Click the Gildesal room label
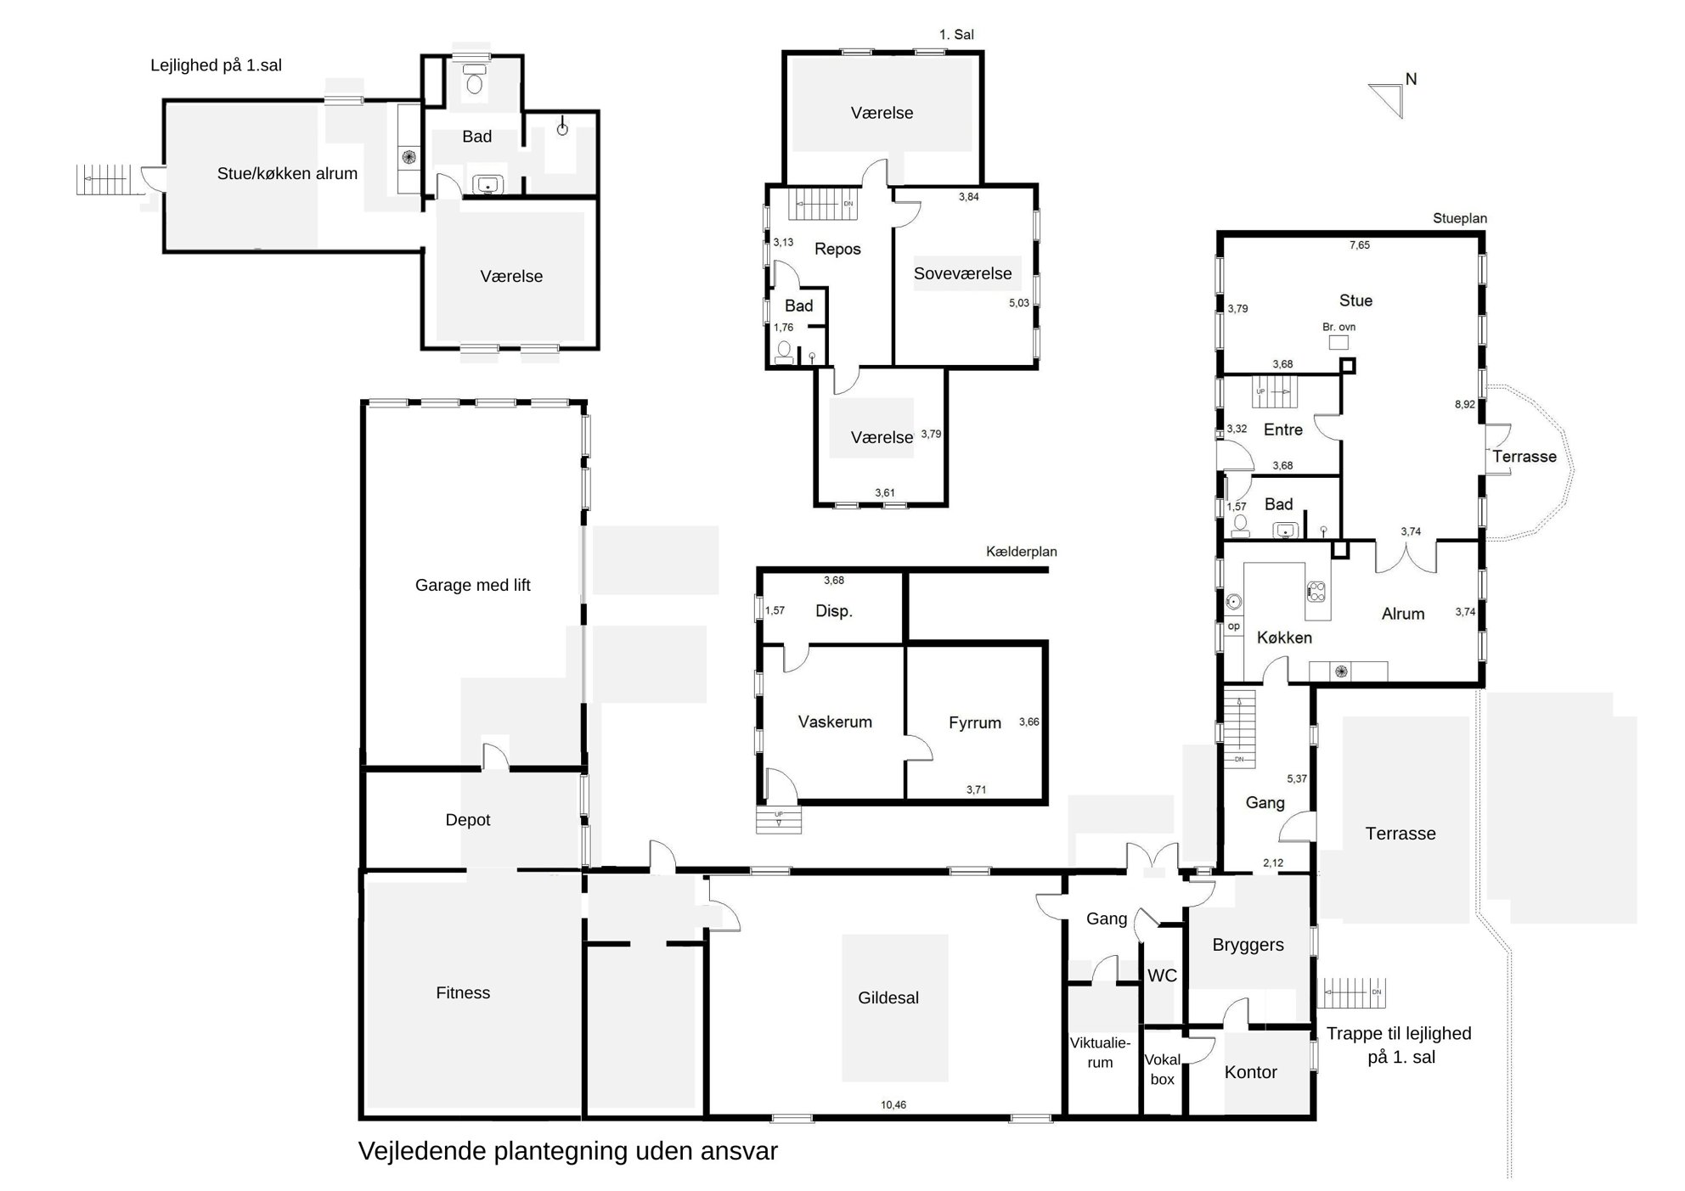tap(888, 998)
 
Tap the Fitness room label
tap(463, 993)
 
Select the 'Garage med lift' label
tap(473, 585)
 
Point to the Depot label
tap(468, 820)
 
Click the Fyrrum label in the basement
tap(975, 723)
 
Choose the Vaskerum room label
tap(835, 722)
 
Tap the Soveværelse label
tap(963, 273)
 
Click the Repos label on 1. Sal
tap(837, 250)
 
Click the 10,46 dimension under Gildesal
tap(893, 1105)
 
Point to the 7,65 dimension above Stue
tap(1360, 245)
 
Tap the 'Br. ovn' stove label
tap(1339, 327)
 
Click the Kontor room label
tap(1251, 1073)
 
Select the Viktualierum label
tap(1100, 1053)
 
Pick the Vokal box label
tap(1163, 1070)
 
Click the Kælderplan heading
tap(1022, 552)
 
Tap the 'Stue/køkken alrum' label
tap(287, 174)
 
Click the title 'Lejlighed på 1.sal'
tap(216, 65)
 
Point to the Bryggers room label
tap(1248, 946)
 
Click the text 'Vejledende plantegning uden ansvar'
tap(568, 1152)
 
